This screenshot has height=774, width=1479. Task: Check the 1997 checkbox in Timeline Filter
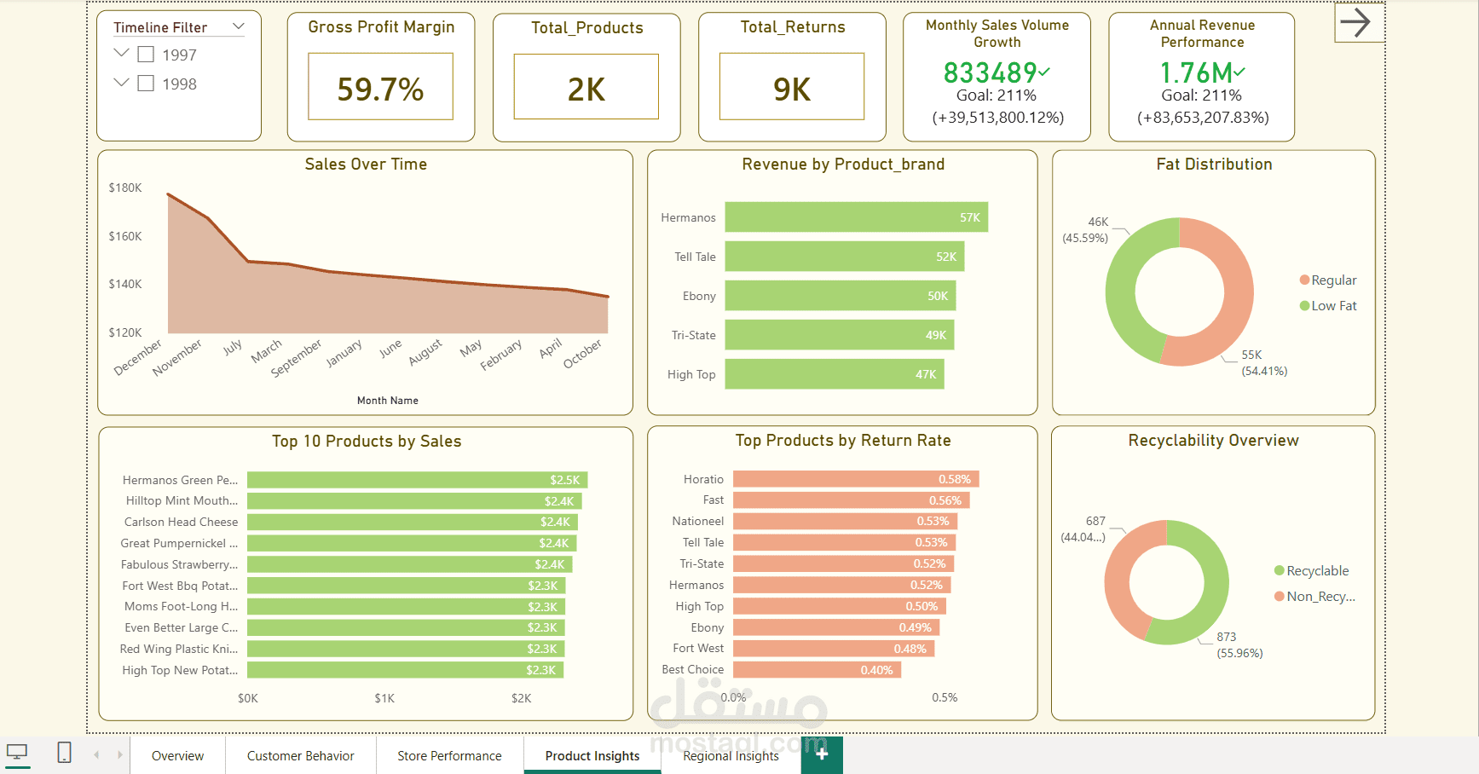(x=146, y=55)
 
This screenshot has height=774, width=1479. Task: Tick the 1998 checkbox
(x=146, y=84)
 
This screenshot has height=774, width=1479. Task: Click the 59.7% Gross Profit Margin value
(x=380, y=89)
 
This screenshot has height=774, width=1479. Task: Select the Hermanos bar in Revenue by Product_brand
(x=856, y=217)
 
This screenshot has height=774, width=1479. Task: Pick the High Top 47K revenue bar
(x=834, y=374)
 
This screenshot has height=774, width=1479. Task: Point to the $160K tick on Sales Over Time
(x=125, y=236)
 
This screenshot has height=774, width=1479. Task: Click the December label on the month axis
(x=138, y=358)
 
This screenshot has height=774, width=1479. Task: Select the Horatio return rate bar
(x=855, y=479)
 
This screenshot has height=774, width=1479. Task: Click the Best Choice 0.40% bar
(x=816, y=670)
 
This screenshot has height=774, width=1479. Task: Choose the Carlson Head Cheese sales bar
(x=412, y=522)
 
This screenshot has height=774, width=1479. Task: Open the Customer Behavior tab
(x=300, y=756)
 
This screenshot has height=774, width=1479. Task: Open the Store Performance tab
(x=449, y=756)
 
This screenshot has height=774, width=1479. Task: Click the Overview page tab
(x=177, y=756)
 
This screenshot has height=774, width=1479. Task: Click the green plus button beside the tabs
(x=822, y=754)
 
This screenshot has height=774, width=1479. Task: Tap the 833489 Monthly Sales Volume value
(x=991, y=73)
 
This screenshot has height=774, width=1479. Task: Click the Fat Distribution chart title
(x=1214, y=165)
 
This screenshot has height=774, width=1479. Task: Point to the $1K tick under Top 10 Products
(x=384, y=698)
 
